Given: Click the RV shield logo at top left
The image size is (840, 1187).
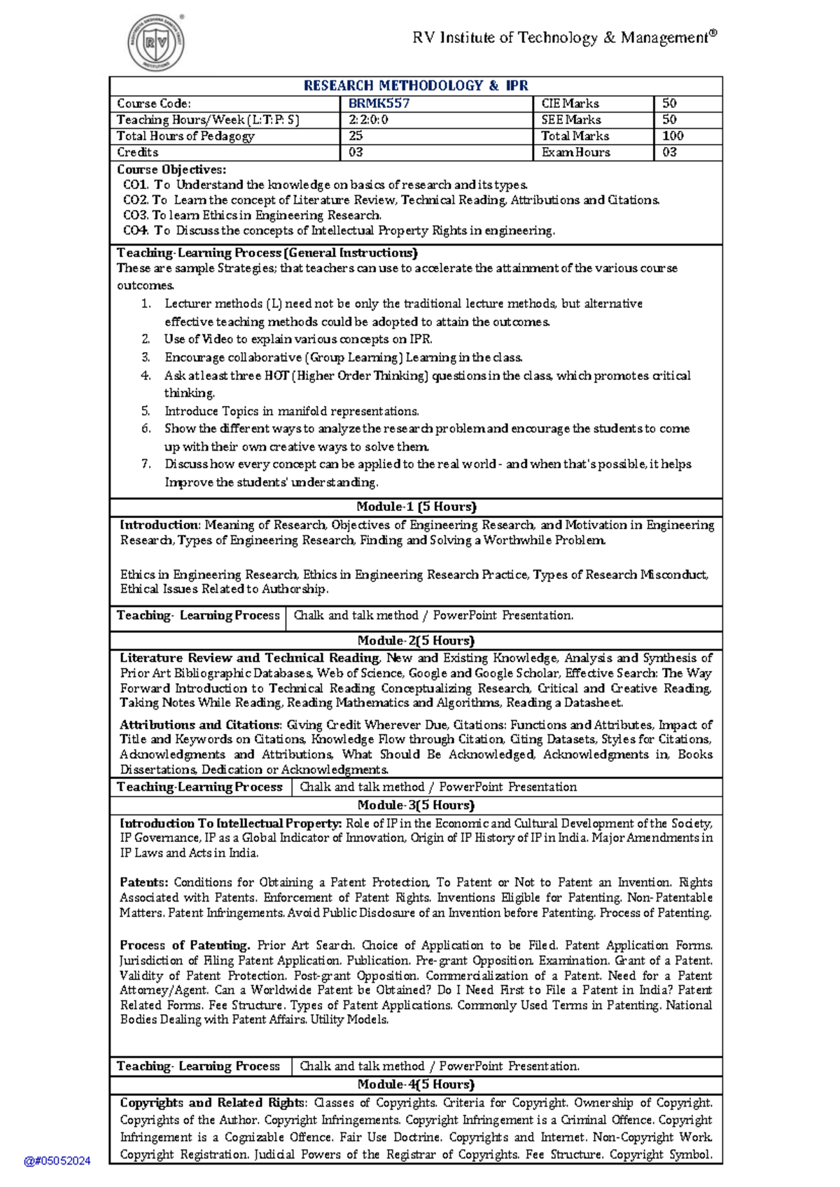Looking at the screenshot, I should point(155,43).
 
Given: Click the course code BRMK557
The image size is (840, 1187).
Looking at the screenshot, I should point(379,104).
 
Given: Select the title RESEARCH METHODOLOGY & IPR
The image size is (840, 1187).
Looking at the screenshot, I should point(416,85).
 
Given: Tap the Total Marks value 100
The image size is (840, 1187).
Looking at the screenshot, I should point(673,136).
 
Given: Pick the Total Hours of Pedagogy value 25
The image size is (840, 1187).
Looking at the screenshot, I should point(356,136).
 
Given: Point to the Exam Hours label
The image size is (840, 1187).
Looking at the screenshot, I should point(575,152).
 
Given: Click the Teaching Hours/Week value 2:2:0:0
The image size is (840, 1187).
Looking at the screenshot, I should point(368,120).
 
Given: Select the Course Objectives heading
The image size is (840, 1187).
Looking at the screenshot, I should point(171,169).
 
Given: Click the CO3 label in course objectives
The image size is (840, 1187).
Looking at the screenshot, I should point(135,215).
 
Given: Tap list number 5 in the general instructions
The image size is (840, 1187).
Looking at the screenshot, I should point(146,411).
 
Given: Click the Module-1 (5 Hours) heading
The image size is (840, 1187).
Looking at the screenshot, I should point(416,507).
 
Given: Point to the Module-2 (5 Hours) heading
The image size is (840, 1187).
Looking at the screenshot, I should point(416,640).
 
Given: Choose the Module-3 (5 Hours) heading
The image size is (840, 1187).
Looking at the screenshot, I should point(416,805).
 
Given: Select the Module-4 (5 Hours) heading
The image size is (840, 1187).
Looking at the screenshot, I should point(416,1084).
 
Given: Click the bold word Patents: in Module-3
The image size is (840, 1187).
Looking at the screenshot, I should point(143,883).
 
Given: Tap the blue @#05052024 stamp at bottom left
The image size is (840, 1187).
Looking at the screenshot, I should point(57,1160).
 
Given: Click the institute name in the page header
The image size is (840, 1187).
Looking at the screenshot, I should point(564,38).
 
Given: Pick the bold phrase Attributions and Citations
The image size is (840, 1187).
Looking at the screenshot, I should point(199,725).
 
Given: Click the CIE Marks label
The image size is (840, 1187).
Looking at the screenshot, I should point(570,104).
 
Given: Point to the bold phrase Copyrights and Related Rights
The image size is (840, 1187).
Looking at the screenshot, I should point(213,1103).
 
